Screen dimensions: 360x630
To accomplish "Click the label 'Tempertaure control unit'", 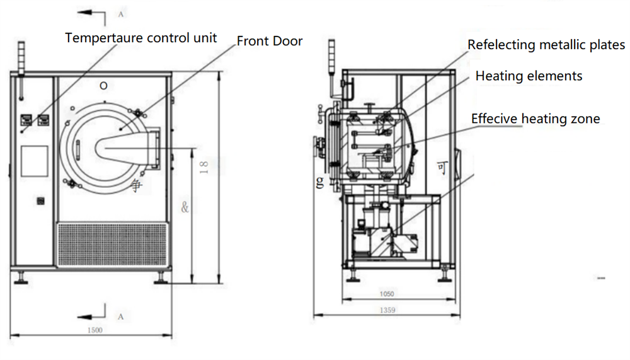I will pos(141,38).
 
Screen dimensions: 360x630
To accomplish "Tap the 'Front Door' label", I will pos(270,42).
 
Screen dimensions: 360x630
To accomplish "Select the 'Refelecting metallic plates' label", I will pos(546,45).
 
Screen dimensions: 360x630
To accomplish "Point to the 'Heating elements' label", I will pos(529,76).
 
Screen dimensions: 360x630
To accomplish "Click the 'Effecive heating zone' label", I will pos(535,119).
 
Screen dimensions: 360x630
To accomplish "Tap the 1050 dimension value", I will pos(386,294).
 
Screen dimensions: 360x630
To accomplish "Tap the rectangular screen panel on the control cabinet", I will pos(34,161).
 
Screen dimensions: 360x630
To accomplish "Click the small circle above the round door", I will pos(104,85).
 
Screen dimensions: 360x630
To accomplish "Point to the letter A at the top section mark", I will pos(120,13).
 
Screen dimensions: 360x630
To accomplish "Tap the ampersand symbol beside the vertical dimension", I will pos(185,206).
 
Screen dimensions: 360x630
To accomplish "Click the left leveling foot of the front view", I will pos(23,277).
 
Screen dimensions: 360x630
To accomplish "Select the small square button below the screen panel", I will pos(42,201).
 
